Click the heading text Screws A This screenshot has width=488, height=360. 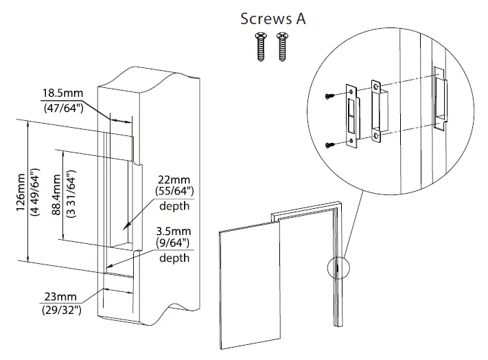pyautogui.click(x=272, y=19)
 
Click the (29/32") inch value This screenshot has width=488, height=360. pyautogui.click(x=60, y=311)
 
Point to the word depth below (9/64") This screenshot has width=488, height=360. pyautogui.click(x=174, y=258)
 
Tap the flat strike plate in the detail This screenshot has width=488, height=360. pyautogui.click(x=351, y=116)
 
